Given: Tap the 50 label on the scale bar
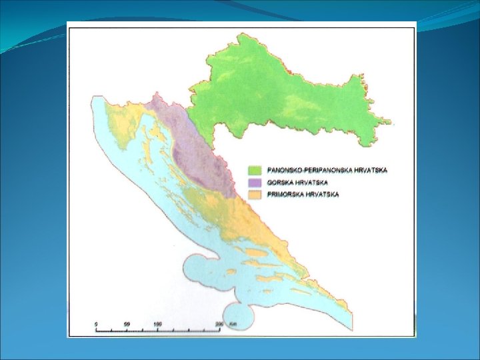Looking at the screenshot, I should [x=126, y=324].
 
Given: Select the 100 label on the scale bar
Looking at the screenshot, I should [x=157, y=324].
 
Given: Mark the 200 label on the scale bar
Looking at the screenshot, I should [x=219, y=324].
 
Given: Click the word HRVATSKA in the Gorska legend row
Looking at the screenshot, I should [x=312, y=182].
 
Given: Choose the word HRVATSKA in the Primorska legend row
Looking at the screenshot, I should [x=323, y=194].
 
